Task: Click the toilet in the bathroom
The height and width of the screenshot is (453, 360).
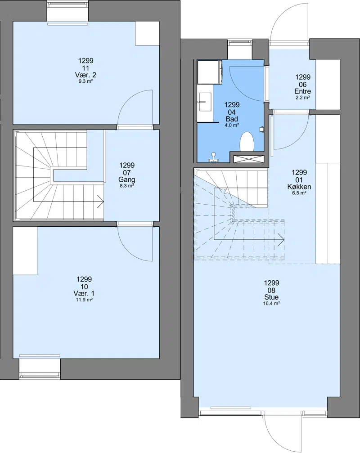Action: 247,142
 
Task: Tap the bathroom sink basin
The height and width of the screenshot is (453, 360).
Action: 205,101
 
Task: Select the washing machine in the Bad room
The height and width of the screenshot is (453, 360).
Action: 209,72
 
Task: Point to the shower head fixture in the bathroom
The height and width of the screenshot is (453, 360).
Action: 214,157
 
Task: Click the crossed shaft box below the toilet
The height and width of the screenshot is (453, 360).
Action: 249,159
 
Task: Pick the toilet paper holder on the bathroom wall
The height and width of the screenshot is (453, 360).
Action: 261,129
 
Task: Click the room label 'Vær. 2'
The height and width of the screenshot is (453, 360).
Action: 85,75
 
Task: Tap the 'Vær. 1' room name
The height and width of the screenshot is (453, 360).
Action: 84,293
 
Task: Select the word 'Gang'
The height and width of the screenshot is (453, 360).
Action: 127,179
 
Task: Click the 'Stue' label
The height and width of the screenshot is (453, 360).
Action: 271,297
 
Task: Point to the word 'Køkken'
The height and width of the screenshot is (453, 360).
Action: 299,186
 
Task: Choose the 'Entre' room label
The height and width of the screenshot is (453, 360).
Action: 303,91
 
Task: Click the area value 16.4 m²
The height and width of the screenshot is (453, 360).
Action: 271,303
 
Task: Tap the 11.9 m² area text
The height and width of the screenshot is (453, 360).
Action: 84,300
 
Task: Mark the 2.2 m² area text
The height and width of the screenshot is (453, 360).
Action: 303,98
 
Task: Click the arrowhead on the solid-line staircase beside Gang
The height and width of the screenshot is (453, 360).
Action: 101,202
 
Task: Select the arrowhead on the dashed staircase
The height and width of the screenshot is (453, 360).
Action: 281,240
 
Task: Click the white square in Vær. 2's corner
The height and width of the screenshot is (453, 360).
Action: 147,33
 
